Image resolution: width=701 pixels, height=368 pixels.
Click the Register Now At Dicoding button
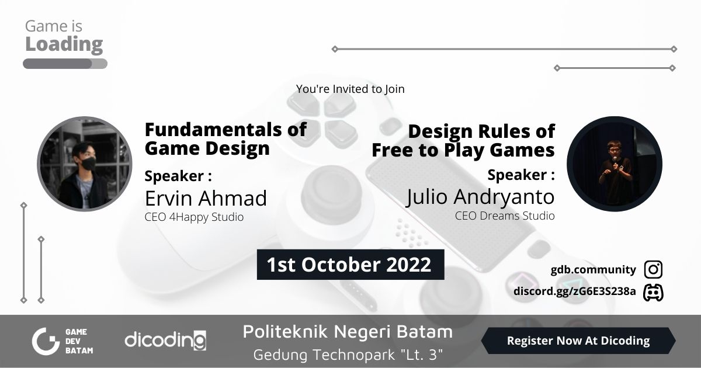tap(578, 341)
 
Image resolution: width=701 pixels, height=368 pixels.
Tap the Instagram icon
tap(653, 270)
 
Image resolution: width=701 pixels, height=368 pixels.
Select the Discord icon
tap(653, 292)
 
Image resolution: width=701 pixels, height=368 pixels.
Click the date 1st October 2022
tap(349, 265)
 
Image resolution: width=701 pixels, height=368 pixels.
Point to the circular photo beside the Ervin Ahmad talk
tap(85, 164)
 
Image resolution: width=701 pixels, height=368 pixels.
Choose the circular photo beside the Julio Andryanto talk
tap(615, 164)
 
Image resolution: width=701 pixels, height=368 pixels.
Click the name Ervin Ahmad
tap(206, 199)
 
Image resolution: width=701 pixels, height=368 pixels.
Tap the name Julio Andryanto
tap(480, 197)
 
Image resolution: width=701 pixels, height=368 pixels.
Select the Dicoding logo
tap(165, 340)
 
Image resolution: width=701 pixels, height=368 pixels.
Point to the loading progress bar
tap(65, 64)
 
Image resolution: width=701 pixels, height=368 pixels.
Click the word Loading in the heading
tap(64, 44)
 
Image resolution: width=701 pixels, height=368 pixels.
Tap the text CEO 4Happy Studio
tap(194, 217)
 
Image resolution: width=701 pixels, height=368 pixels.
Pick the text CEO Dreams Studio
tap(505, 216)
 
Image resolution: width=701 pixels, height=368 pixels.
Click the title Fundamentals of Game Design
tap(225, 138)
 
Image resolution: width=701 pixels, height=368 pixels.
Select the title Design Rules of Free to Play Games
tap(463, 140)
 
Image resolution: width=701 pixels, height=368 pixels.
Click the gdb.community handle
tap(593, 270)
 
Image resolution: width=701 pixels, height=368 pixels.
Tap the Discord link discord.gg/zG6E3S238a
tap(574, 291)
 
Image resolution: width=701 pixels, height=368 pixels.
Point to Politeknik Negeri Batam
tap(348, 332)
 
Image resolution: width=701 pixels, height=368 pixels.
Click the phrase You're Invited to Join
tap(350, 89)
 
